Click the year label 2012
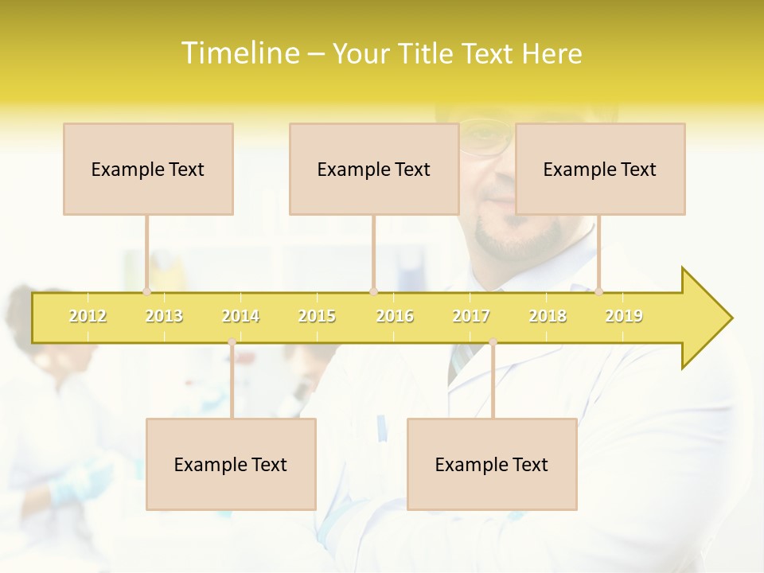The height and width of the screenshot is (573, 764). click(x=88, y=316)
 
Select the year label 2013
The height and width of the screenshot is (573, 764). click(x=164, y=316)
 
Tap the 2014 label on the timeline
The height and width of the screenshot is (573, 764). click(x=240, y=316)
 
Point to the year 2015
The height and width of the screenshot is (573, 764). click(x=317, y=316)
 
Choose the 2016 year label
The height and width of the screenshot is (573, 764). click(x=395, y=316)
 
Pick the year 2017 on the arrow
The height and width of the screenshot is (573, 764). click(x=471, y=316)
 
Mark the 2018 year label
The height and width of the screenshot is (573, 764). click(x=548, y=316)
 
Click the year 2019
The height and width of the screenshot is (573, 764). click(x=624, y=316)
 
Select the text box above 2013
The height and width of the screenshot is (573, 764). click(x=148, y=169)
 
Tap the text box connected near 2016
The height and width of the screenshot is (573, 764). click(x=374, y=169)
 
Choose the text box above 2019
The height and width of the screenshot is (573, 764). click(x=600, y=169)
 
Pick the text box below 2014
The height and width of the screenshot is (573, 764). click(x=231, y=464)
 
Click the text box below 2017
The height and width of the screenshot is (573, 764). click(x=492, y=464)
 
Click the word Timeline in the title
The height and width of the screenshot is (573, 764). click(x=239, y=53)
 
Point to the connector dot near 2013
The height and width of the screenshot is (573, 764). click(x=146, y=291)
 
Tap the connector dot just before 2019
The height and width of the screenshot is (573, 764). click(x=599, y=291)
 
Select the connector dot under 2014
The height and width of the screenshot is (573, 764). click(x=232, y=342)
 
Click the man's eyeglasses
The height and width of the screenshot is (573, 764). click(x=485, y=138)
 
